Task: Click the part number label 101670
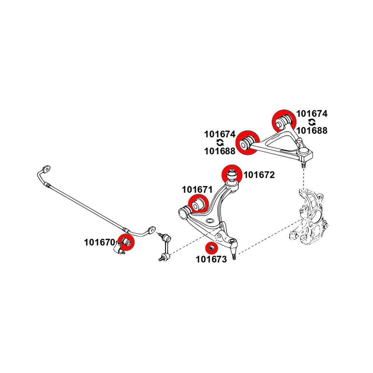click(99, 242)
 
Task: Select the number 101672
click(259, 175)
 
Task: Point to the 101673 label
click(211, 259)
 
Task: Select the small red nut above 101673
click(211, 248)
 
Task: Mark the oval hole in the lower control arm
click(210, 221)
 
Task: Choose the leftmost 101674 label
click(220, 134)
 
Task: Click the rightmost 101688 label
click(312, 131)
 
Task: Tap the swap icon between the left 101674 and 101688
click(220, 142)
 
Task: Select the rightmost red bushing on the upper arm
click(284, 120)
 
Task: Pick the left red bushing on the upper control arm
click(247, 142)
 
